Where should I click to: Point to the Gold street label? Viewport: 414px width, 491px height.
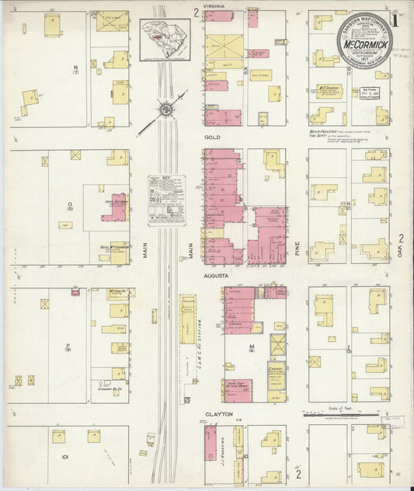[x=213, y=137]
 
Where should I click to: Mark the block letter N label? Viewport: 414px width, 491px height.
[x=75, y=68]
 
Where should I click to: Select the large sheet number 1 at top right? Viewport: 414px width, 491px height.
[x=398, y=18]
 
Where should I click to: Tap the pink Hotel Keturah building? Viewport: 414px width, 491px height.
[x=115, y=205]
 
